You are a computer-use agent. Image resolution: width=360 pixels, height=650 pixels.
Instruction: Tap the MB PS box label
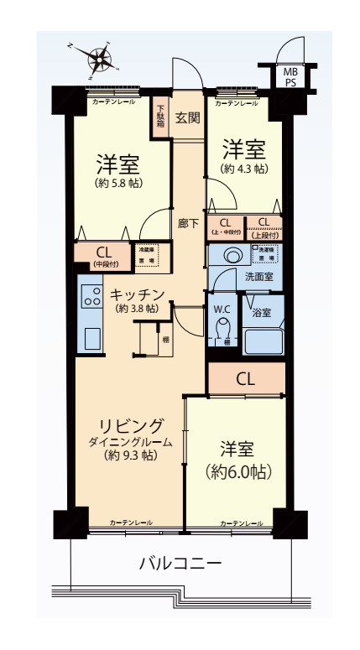pos(290,77)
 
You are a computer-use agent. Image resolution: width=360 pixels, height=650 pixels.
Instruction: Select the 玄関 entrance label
pos(187,117)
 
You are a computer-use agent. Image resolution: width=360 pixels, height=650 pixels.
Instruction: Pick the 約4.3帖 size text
pos(243,169)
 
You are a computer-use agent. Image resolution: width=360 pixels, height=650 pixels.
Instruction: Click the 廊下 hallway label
pos(188,224)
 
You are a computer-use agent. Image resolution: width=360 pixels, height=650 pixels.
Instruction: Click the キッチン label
pos(136,294)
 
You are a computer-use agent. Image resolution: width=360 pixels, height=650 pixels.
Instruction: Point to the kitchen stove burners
pos(90,294)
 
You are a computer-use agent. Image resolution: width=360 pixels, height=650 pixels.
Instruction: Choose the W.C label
pos(222,307)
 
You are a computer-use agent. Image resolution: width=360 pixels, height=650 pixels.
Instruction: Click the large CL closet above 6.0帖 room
pos(245,378)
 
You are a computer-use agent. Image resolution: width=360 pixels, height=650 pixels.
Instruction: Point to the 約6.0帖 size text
pos(239,471)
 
